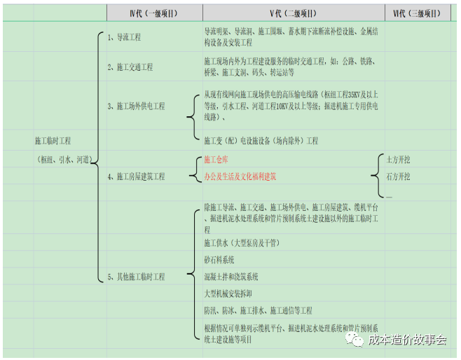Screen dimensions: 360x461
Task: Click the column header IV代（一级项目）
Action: coord(153,13)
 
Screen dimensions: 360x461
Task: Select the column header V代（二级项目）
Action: coord(293,13)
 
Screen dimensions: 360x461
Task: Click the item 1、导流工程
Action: coord(124,36)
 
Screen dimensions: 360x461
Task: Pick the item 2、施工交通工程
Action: coord(130,67)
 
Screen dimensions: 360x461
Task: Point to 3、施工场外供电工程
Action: coord(136,106)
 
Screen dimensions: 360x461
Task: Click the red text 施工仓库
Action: coord(216,160)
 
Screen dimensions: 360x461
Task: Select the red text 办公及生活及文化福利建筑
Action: coord(240,176)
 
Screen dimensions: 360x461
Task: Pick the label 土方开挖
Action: coord(399,160)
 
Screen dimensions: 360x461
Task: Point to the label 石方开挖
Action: coord(399,176)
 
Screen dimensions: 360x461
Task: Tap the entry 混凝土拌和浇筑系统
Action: coord(231,277)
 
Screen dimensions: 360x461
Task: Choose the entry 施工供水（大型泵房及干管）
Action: coord(241,243)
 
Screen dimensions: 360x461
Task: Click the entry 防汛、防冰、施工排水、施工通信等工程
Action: coord(258,310)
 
